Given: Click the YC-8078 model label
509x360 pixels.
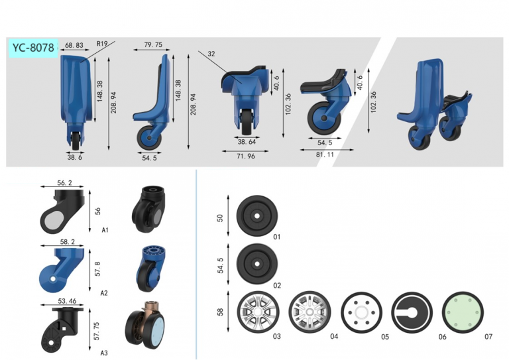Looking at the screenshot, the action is pyautogui.click(x=33, y=48).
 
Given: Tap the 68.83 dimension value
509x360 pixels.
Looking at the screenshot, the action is pyautogui.click(x=74, y=45).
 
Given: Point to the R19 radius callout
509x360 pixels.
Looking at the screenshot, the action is pyautogui.click(x=102, y=44).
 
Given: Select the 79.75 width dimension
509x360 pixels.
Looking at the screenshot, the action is pyautogui.click(x=153, y=44).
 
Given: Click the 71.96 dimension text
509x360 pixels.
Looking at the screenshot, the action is pyautogui.click(x=246, y=156).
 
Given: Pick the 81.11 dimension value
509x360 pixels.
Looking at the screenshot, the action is pyautogui.click(x=325, y=154).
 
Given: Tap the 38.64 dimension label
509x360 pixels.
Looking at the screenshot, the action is pyautogui.click(x=247, y=142).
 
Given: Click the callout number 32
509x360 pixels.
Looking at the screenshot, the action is pyautogui.click(x=211, y=54).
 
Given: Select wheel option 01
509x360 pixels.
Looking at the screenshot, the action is pyautogui.click(x=257, y=216).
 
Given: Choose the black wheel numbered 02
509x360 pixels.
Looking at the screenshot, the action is pyautogui.click(x=257, y=264).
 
